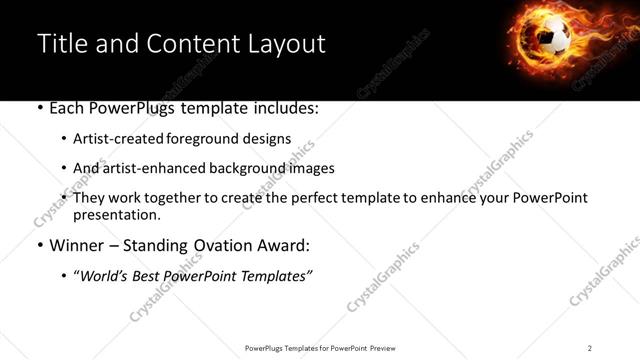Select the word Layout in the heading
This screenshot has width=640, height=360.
coord(289,44)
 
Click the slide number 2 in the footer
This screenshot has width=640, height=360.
coord(590,347)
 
